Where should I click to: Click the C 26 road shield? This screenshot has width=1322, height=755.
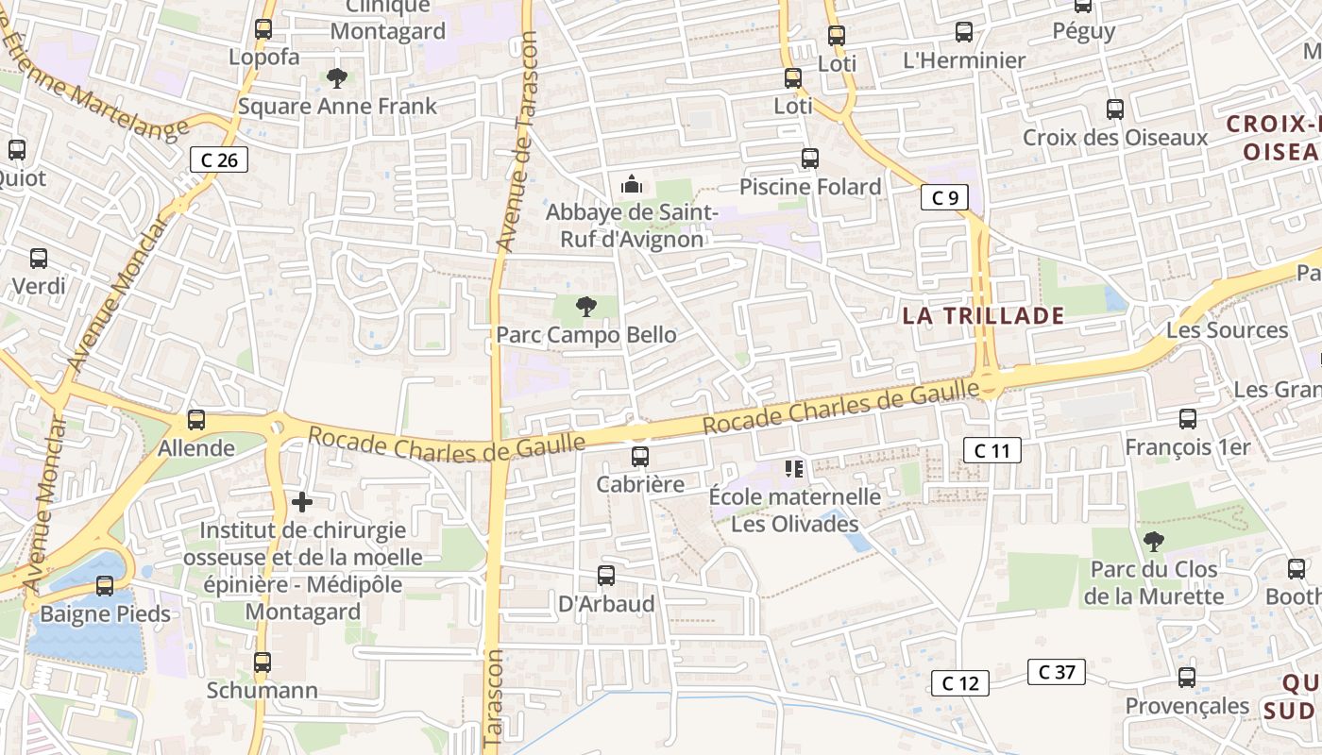[219, 159]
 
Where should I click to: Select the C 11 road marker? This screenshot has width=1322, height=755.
[992, 450]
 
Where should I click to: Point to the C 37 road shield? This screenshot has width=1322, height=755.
[1057, 672]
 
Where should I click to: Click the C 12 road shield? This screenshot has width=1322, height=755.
[960, 683]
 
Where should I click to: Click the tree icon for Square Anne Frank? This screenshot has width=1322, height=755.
[336, 77]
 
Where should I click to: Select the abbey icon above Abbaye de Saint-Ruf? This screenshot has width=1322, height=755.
[632, 184]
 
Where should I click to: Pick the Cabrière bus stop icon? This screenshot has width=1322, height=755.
[640, 457]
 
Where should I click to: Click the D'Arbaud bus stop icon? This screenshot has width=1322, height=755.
[606, 575]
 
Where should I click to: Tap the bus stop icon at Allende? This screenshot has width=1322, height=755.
[196, 420]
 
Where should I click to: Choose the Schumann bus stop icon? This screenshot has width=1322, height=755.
[263, 663]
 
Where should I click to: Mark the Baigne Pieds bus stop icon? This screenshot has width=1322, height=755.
[105, 586]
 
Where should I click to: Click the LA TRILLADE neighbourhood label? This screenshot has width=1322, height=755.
[983, 315]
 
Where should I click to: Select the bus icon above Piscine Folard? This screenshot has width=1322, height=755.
[809, 159]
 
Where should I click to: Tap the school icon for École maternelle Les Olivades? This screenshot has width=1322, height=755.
[793, 468]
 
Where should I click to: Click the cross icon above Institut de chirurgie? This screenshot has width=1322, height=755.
[302, 502]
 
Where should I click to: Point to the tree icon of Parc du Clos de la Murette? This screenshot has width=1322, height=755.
[1153, 542]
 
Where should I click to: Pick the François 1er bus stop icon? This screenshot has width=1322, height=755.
[1188, 419]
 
